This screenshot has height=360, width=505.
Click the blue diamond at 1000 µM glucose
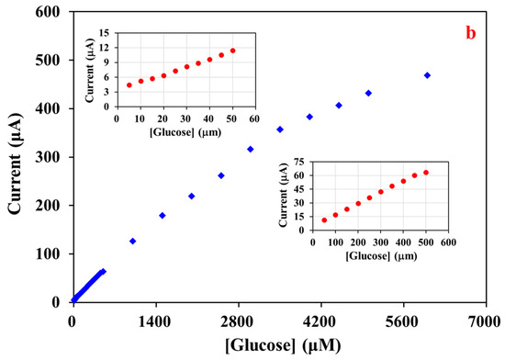(x=132, y=241)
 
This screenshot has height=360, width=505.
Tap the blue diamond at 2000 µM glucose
(x=191, y=196)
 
